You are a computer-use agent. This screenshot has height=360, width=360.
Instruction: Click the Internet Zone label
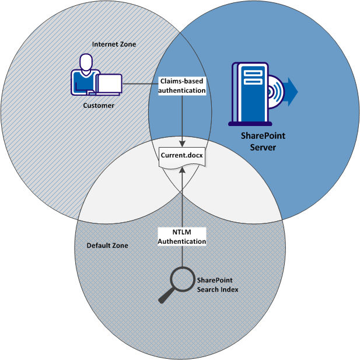[114, 44]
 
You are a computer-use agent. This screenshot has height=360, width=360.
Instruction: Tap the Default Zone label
[107, 246]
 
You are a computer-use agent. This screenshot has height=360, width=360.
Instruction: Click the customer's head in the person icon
[86, 62]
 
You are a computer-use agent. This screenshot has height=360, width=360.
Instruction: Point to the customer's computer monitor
[110, 84]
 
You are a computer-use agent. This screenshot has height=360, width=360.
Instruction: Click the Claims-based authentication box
[183, 86]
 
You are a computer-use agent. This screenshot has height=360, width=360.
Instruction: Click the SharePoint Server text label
[263, 142]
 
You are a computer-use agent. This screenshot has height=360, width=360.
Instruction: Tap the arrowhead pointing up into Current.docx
[183, 170]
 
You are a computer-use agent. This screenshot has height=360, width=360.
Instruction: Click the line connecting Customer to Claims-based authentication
[140, 84]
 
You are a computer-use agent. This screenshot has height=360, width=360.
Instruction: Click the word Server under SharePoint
[263, 147]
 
